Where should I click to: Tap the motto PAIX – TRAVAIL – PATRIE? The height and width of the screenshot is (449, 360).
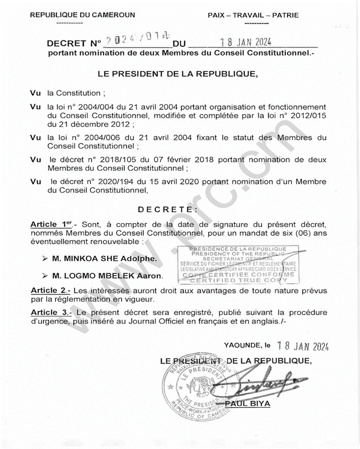tap(253, 15)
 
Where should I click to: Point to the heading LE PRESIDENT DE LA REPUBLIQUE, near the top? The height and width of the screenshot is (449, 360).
tap(178, 73)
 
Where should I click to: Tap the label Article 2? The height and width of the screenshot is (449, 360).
tap(50, 291)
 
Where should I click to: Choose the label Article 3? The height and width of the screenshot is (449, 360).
tap(50, 312)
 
